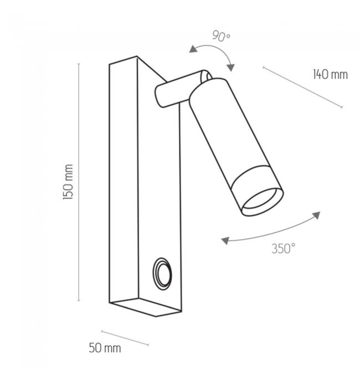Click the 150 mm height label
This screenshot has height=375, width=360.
coord(68,182)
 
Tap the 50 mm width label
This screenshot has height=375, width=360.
coord(105,348)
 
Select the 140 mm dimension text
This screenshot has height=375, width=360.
coord(330,74)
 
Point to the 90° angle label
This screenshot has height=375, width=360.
coord(222,36)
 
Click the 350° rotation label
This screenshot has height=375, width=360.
coord(284,249)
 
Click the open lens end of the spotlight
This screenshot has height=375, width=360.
coord(263,202)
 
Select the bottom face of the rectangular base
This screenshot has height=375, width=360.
coord(145,307)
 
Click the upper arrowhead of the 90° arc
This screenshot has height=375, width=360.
coord(193,49)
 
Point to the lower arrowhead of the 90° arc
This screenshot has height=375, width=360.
coord(230,68)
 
